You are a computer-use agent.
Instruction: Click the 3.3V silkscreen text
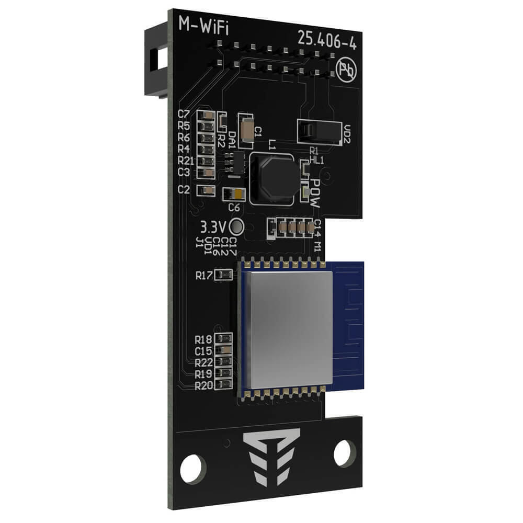pyautogui.click(x=213, y=227)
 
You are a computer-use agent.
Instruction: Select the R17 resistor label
pyautogui.click(x=204, y=275)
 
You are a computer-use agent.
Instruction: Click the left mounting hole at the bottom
pyautogui.click(x=193, y=468)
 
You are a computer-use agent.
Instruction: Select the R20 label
pyautogui.click(x=203, y=386)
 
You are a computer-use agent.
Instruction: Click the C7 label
pyautogui.click(x=184, y=114)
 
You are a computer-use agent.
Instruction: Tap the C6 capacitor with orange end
pyautogui.click(x=233, y=195)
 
